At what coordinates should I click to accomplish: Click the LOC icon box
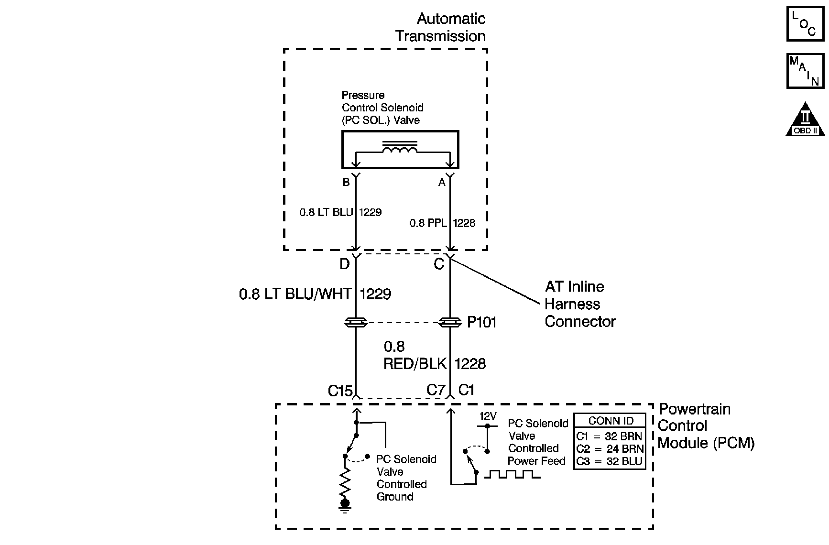[805, 23]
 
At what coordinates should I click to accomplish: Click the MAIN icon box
[805, 71]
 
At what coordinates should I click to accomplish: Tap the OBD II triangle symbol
[806, 120]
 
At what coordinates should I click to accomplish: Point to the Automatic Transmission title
[440, 27]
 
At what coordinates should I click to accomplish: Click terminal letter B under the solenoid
[346, 182]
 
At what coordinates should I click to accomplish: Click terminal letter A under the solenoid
[442, 182]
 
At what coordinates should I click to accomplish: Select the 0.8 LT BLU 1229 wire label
[340, 212]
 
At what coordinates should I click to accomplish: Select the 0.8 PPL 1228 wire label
[442, 223]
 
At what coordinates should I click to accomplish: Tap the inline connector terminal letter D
[345, 263]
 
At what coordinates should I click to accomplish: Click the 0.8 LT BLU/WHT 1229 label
[315, 294]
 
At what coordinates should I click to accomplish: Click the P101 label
[481, 323]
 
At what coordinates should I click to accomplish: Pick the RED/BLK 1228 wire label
[434, 364]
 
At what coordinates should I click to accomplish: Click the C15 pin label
[340, 391]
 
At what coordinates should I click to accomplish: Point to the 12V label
[488, 416]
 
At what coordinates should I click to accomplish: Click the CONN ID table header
[611, 421]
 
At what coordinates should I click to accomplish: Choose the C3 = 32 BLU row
[610, 461]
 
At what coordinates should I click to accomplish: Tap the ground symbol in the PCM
[345, 504]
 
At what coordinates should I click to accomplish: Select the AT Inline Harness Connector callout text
[579, 304]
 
